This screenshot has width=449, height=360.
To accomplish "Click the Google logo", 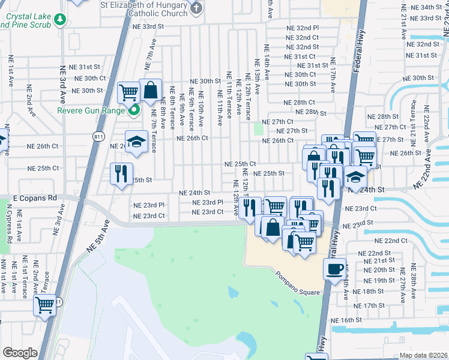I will coord(20,353).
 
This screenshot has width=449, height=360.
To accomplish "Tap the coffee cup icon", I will coord(336,269).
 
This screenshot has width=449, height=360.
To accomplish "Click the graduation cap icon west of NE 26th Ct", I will coord(136,142).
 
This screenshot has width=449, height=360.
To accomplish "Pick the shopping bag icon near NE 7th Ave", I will coord(151,91).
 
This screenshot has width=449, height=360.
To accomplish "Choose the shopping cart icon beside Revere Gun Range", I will coord(128,92).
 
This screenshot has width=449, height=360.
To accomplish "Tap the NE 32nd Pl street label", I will coord(303,28).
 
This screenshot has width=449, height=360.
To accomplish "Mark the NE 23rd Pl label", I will coord(208,203).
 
